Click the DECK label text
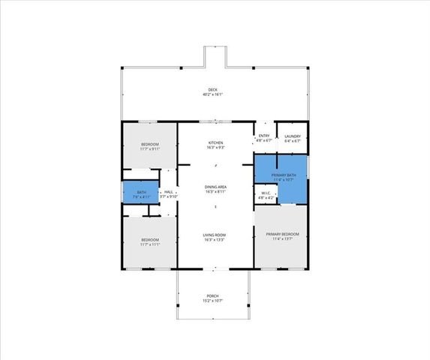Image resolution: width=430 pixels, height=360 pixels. (214, 89)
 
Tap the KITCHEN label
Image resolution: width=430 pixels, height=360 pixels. (215, 142)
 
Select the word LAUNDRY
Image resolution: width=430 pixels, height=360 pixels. (292, 136)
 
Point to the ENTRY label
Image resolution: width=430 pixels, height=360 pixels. (263, 136)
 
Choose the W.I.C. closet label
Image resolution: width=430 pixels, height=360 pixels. (266, 193)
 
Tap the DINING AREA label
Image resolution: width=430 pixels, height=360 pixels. (215, 187)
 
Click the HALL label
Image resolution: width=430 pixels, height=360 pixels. (169, 192)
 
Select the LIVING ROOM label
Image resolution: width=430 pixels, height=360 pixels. (215, 235)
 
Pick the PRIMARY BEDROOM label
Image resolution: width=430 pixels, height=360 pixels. (282, 234)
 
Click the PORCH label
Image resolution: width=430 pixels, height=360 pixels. (213, 296)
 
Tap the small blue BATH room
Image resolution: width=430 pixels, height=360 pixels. (141, 192)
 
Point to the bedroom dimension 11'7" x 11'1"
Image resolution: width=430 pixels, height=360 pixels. (150, 244)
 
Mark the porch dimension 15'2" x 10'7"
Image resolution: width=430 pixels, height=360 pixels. (213, 301)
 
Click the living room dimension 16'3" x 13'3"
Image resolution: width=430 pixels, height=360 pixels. (215, 240)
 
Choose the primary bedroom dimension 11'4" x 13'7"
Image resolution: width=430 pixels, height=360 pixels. (282, 239)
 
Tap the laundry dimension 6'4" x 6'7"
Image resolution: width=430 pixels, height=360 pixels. (292, 140)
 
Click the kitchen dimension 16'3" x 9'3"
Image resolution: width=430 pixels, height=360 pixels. (215, 148)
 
